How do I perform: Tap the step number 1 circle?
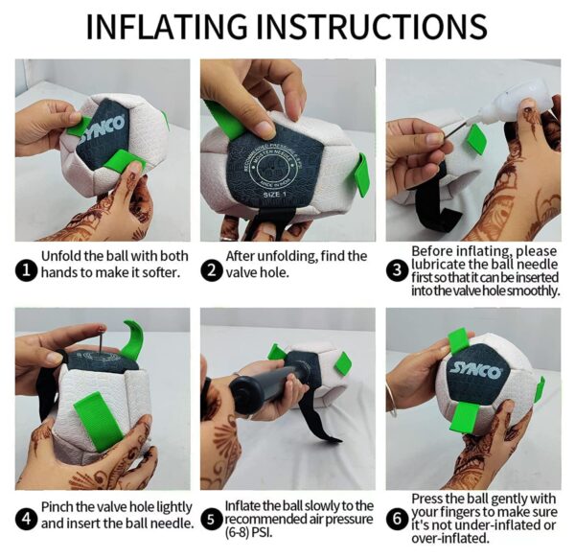pos(27,270)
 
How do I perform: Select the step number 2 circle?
pos(212,270)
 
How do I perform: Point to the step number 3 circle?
pos(397,270)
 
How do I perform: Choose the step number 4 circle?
pos(27,519)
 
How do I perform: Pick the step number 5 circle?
pos(211,519)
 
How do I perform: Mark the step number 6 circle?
pos(397,519)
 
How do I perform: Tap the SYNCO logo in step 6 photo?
pos(476,370)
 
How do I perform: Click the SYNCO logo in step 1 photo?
pos(103,128)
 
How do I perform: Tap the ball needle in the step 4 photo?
pos(100,340)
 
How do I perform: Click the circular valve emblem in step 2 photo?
pos(271,167)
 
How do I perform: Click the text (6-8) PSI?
pos(248,532)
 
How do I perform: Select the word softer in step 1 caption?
pos(161,272)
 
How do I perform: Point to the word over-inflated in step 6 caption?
pos(450,538)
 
